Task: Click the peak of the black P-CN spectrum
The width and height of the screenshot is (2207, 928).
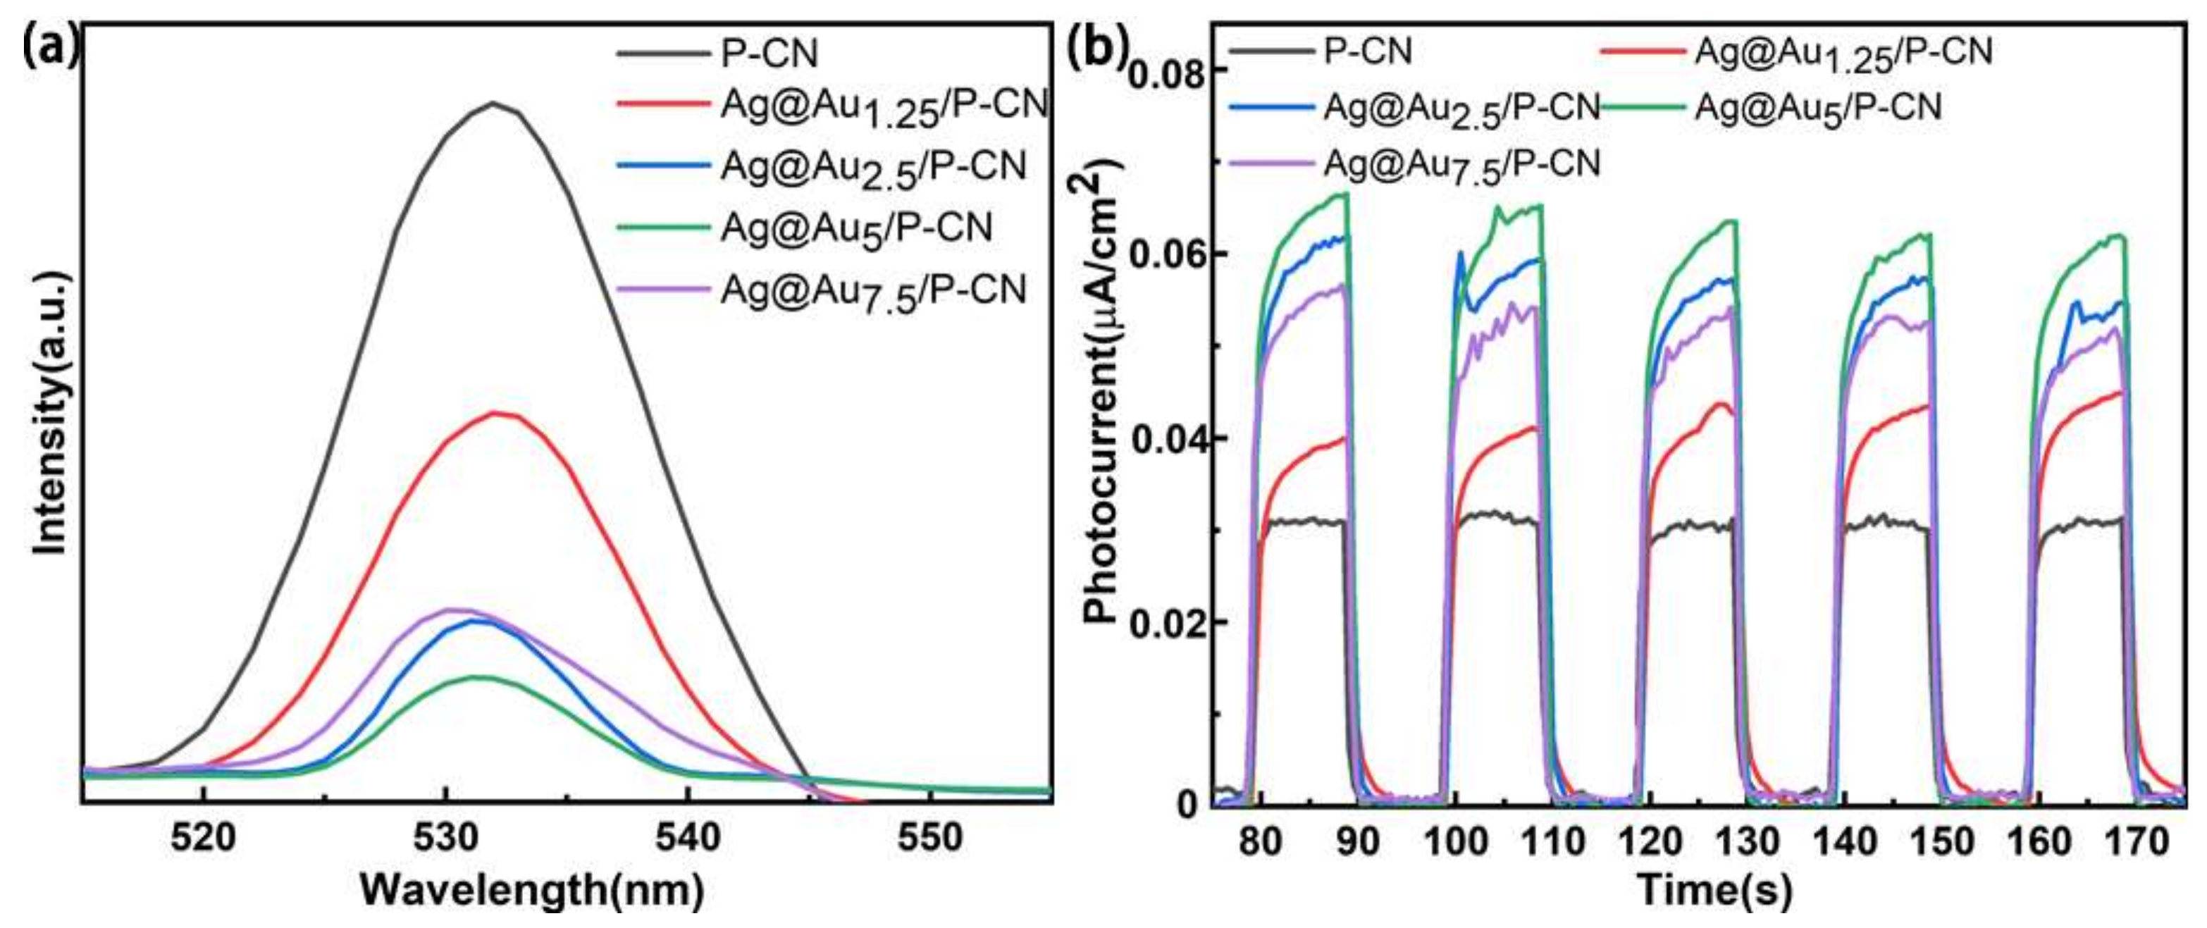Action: click(x=493, y=104)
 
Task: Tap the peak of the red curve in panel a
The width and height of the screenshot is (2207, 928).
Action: click(x=495, y=413)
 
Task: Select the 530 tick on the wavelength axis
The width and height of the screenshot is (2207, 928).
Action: click(x=445, y=837)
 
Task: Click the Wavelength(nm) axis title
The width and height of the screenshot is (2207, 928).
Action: click(x=531, y=891)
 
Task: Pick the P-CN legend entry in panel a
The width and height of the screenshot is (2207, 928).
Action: click(x=769, y=53)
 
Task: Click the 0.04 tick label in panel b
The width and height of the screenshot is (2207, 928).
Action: click(x=1167, y=440)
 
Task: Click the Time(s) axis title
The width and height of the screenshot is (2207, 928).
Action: click(x=1714, y=891)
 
